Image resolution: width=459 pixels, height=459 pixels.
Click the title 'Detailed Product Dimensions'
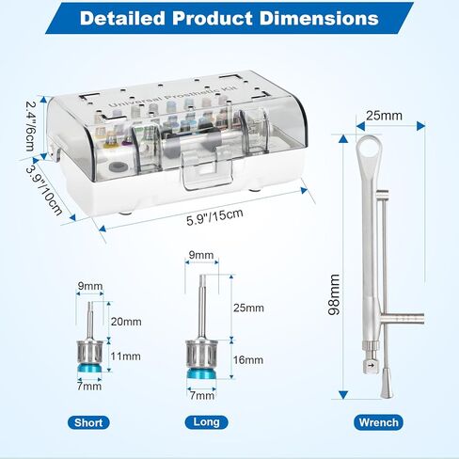(x=229, y=19)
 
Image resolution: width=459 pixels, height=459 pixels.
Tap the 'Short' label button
(x=88, y=422)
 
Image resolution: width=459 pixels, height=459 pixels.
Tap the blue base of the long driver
(x=202, y=374)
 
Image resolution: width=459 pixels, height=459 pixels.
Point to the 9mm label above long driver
(x=199, y=254)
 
